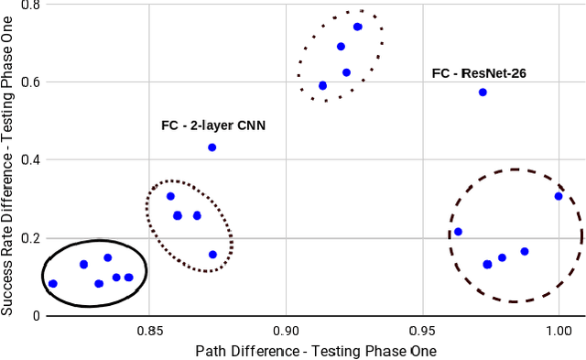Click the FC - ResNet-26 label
478,71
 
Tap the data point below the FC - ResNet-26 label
483,93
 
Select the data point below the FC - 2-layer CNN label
212,147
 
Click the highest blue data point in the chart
357,27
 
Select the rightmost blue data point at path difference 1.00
559,196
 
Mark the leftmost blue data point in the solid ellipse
52,284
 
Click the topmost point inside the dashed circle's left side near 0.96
458,232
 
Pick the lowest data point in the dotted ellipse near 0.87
212,255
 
